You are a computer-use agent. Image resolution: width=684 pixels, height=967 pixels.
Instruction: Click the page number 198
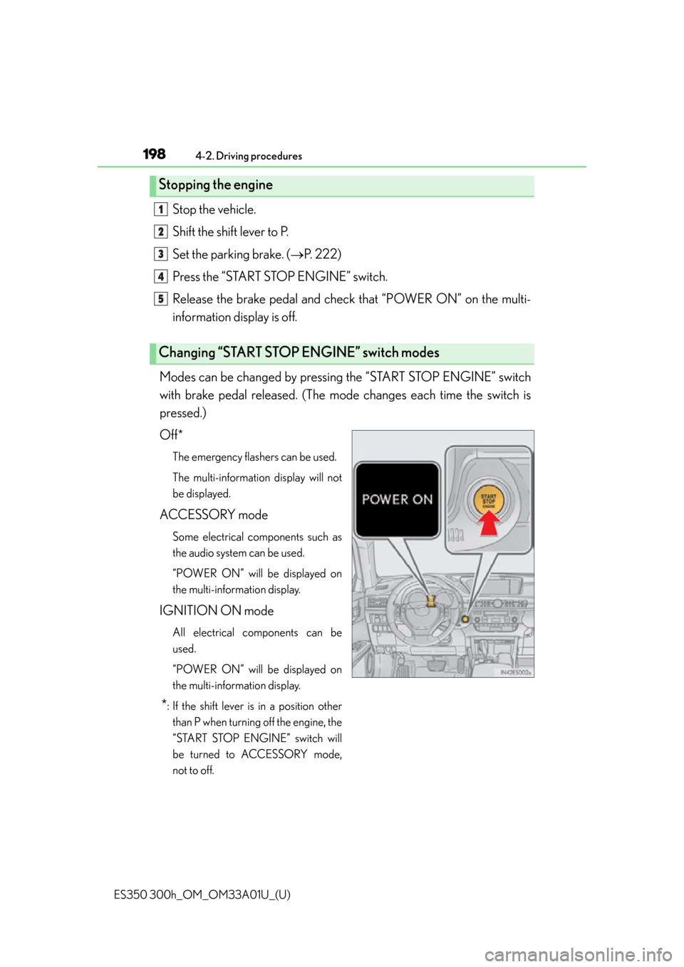point(154,154)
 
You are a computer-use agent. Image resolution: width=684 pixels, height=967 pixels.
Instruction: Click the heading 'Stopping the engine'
point(215,185)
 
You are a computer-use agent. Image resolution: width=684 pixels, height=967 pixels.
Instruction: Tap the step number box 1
point(160,209)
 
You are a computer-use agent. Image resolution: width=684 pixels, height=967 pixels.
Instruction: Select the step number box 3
point(160,254)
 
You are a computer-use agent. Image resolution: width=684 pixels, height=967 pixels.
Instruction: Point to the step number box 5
point(160,299)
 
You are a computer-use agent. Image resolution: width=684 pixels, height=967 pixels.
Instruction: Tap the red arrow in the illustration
point(488,523)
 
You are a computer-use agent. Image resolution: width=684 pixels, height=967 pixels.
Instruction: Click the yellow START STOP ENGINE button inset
point(488,500)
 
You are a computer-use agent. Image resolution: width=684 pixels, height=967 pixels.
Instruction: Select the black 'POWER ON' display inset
point(397,500)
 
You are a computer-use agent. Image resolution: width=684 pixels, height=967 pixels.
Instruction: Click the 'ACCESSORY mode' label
point(214,515)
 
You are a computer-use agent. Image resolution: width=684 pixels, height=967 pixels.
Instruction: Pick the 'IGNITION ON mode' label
point(217,611)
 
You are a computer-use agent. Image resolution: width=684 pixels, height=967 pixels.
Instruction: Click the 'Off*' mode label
point(172,435)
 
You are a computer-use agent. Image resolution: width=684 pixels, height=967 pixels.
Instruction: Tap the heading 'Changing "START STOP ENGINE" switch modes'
point(299,352)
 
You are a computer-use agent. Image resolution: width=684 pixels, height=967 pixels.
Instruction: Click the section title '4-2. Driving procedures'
point(248,156)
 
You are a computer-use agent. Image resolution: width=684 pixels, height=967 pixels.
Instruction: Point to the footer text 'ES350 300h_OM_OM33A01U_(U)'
point(202,896)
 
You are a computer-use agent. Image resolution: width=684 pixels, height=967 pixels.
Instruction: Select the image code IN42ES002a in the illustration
point(515,672)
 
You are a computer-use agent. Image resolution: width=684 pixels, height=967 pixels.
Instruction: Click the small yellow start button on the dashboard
point(465,619)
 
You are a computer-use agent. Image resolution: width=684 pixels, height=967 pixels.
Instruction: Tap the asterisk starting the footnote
point(165,704)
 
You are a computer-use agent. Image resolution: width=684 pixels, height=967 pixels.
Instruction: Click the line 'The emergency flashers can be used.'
point(254,456)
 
